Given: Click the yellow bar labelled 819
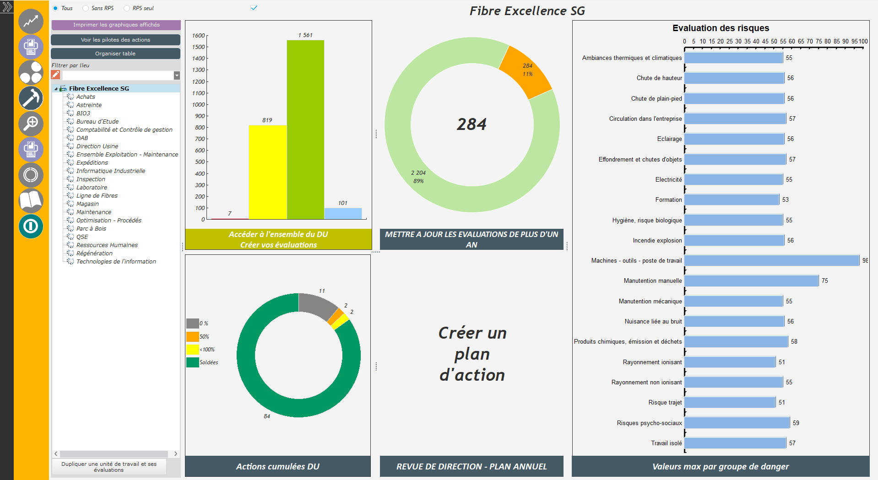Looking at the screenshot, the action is coord(267,172).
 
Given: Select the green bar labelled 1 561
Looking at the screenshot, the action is coord(305,129).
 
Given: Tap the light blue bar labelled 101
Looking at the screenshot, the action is coord(343,214).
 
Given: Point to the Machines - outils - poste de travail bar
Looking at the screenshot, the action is coord(772,260).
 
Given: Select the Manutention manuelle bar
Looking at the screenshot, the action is coord(752,280).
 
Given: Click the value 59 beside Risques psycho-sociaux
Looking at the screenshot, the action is coord(796,423).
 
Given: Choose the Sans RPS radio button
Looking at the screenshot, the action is coord(86,8).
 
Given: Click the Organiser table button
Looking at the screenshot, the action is coord(115,54).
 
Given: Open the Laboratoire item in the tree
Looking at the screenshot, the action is coord(92,187).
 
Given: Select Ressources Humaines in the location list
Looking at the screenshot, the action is coord(107,245).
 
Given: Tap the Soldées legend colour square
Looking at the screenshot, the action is coord(193,362).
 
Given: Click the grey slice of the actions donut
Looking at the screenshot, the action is coord(318,305).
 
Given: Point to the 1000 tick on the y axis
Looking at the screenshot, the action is coord(199,104).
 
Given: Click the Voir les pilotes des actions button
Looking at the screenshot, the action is coord(115,40).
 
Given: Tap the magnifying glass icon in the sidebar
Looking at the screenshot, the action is coord(31,124).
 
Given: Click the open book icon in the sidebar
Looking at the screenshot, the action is coord(31,200).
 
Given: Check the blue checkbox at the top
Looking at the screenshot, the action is coord(254,8).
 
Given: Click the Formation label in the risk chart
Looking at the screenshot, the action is coord(668,200).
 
